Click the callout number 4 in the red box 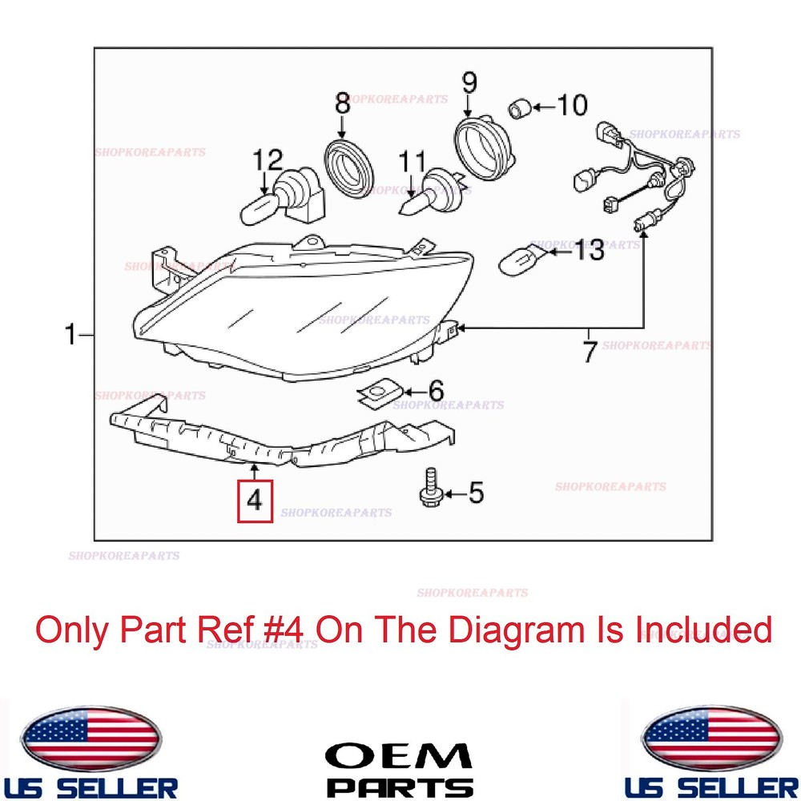pos(254,501)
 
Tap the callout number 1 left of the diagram pos(72,334)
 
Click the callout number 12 pos(269,159)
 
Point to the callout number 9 pos(469,83)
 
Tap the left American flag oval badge pos(91,739)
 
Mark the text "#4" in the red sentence pos(286,630)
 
